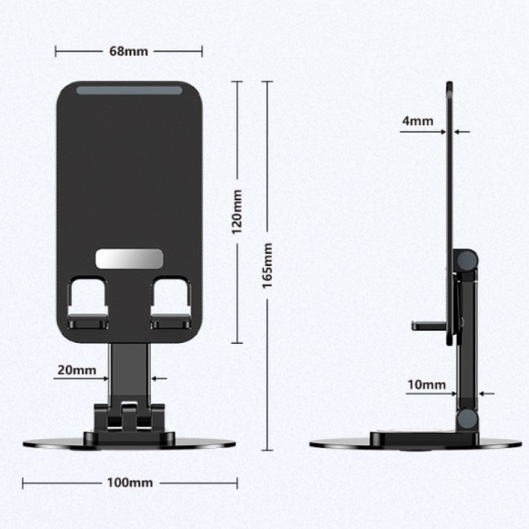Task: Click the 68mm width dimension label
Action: point(128,51)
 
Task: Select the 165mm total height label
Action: point(267,266)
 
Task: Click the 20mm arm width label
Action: point(76,370)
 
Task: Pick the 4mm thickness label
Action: point(417,121)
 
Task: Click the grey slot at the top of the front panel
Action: point(128,90)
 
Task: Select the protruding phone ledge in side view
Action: point(428,326)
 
